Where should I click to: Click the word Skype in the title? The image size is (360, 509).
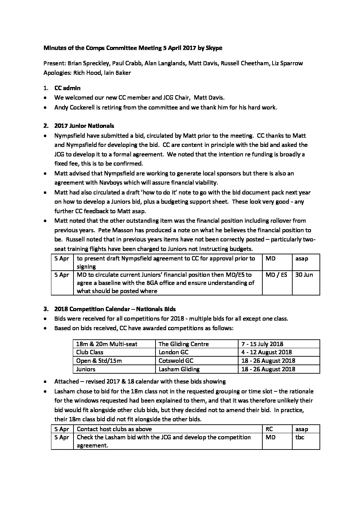[x=214, y=48]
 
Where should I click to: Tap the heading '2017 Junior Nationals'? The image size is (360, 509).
[x=84, y=126]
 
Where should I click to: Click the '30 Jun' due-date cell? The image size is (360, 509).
[x=304, y=275]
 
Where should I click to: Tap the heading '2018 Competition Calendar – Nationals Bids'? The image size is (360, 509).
[x=115, y=309]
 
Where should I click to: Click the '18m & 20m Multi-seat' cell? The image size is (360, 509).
[x=107, y=344]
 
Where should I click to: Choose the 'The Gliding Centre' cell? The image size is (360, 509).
[x=183, y=344]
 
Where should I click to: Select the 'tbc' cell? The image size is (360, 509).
[x=299, y=437]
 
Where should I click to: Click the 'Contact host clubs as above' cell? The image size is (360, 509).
[x=114, y=429]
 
